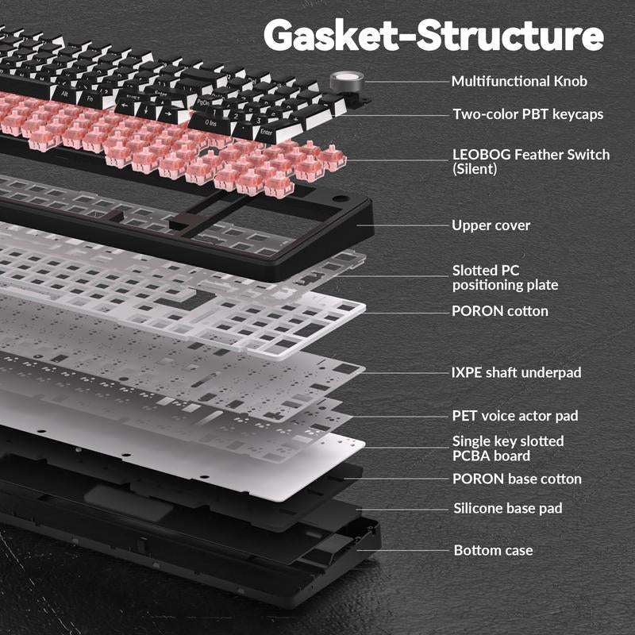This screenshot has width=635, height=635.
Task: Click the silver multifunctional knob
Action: pos(347,81)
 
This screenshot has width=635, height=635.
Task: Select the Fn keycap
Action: pos(92,99)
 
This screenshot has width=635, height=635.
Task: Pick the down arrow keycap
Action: pos(148,110)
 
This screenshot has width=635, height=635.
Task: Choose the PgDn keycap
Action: pos(205,103)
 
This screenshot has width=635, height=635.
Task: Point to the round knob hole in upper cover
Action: pos(341,199)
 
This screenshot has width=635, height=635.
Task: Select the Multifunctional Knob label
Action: pos(520,82)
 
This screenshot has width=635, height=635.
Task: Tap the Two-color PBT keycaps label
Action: pos(528,114)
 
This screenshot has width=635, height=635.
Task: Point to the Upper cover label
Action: pos(491,225)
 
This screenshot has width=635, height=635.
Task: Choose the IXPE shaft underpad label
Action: pos(517,372)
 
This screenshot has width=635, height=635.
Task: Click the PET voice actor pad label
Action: pos(515,415)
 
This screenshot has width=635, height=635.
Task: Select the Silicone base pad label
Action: pos(508,508)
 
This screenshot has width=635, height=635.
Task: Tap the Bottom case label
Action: pos(493,550)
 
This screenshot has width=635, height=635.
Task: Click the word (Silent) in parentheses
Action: pos(475,169)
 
